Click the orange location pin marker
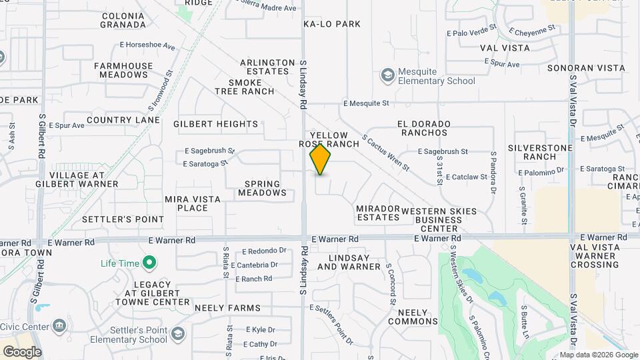pyautogui.click(x=320, y=159)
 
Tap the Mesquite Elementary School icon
pyautogui.click(x=387, y=75)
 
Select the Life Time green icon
pyautogui.click(x=149, y=263)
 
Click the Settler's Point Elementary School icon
pyautogui.click(x=177, y=333)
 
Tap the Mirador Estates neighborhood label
pyautogui.click(x=377, y=213)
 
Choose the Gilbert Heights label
pyautogui.click(x=215, y=124)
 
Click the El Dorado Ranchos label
pyautogui.click(x=423, y=128)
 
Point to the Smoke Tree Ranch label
pyautogui.click(x=245, y=87)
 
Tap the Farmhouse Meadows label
pyautogui.click(x=123, y=70)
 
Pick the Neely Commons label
pyautogui.click(x=417, y=317)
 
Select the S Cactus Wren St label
pyautogui.click(x=385, y=153)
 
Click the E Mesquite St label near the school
pyautogui.click(x=366, y=103)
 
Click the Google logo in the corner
pyautogui.click(x=22, y=352)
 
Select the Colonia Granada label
pyautogui.click(x=123, y=20)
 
